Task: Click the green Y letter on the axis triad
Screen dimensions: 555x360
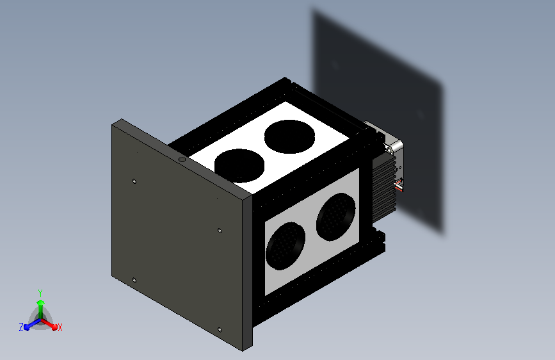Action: pyautogui.click(x=40, y=293)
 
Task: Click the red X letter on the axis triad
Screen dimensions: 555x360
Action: pyautogui.click(x=60, y=328)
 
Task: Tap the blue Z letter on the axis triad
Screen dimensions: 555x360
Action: pyautogui.click(x=21, y=327)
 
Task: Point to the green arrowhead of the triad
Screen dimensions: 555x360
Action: pyautogui.click(x=41, y=302)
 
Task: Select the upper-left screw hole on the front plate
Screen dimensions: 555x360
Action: pyautogui.click(x=134, y=181)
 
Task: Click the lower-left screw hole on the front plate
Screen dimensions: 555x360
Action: pyautogui.click(x=134, y=281)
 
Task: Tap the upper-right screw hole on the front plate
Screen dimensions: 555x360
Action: pyautogui.click(x=220, y=231)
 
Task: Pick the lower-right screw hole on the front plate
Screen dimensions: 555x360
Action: pyautogui.click(x=220, y=329)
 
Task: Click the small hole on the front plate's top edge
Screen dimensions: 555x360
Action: pyautogui.click(x=182, y=160)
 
